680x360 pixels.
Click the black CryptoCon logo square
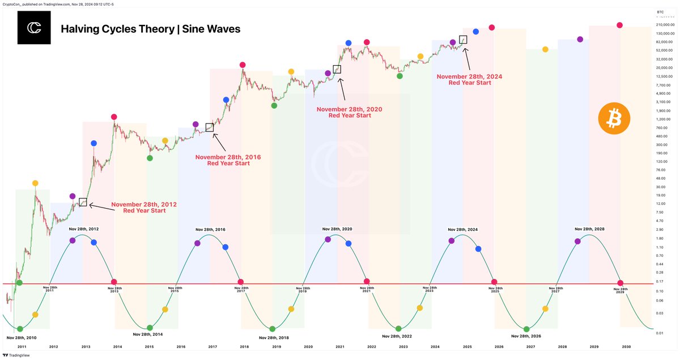[x=34, y=28]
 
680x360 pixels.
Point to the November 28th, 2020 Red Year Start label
[x=350, y=112]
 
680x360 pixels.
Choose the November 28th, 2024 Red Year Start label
[x=469, y=79]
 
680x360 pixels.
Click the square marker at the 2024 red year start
[x=463, y=40]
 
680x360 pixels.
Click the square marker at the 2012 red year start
[x=83, y=202]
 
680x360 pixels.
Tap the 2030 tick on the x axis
[x=626, y=346]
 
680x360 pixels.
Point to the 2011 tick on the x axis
[x=22, y=346]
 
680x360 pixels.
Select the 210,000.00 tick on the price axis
[x=664, y=25]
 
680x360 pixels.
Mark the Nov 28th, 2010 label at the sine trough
[x=22, y=337]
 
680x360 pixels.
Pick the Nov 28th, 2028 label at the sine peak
[x=589, y=230]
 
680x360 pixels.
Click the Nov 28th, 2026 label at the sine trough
[x=527, y=336]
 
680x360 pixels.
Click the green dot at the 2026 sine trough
[x=527, y=329]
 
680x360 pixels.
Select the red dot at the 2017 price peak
[x=243, y=65]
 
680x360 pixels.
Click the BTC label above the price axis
[x=660, y=11]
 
